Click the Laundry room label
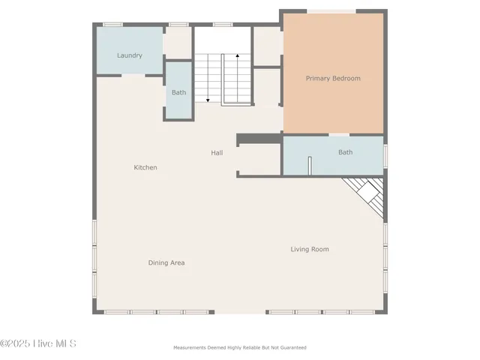tap(130, 55)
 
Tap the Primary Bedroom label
tap(333, 78)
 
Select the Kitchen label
tap(145, 167)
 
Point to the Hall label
tap(217, 153)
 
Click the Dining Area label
tap(166, 262)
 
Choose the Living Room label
tap(310, 249)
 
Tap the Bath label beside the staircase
tap(178, 92)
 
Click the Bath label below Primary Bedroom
tap(345, 152)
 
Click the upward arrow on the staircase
tap(238, 57)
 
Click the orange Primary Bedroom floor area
tap(333, 105)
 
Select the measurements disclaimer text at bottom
tap(240, 347)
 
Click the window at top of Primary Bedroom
tap(333, 10)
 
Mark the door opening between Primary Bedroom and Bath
tap(339, 135)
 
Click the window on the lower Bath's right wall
tap(385, 155)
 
